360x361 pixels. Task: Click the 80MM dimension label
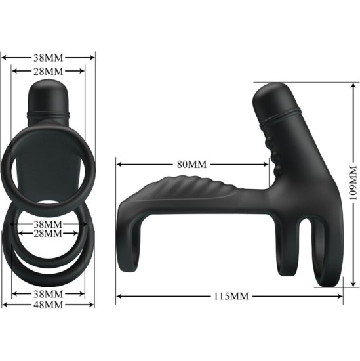point(191,163)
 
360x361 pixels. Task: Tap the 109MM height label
point(353,182)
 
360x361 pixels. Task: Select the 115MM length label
point(230,296)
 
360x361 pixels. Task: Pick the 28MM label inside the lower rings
point(49,233)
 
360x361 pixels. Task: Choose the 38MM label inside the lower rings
point(49,223)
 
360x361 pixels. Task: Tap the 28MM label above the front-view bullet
point(48,70)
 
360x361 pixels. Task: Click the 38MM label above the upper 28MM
point(49,57)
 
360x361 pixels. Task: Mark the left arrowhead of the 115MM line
point(119,296)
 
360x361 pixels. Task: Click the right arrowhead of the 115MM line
point(342,296)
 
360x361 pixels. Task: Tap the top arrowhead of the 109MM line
point(348,85)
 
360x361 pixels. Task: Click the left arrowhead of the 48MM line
point(5,305)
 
